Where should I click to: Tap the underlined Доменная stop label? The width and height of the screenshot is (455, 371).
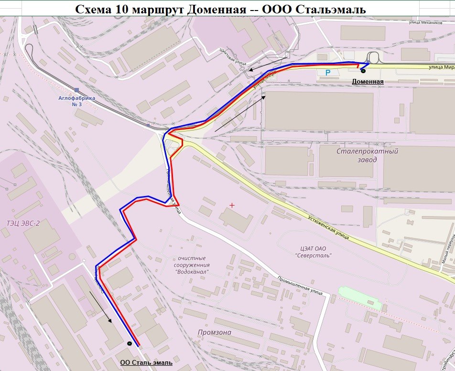point(368,81)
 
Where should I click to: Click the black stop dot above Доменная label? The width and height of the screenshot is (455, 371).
point(363,71)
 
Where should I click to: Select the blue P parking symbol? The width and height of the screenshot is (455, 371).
point(327,73)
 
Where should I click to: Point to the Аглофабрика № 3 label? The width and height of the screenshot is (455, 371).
point(76,101)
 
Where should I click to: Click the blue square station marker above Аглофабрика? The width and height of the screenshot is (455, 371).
point(77,90)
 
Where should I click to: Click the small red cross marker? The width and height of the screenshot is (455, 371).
point(232,205)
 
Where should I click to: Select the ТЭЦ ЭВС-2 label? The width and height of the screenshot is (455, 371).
point(23,223)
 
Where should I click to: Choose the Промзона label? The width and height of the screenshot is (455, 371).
point(215,332)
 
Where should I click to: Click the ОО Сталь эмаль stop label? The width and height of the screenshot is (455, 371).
point(146,363)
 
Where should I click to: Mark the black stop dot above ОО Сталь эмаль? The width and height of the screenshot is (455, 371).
point(130,343)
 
